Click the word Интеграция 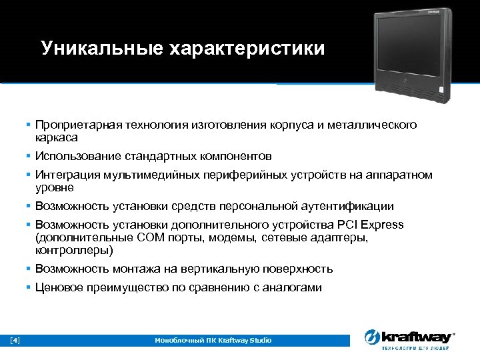(65, 175)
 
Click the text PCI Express (372, 225)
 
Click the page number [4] (15, 341)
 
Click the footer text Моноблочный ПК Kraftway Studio (213, 341)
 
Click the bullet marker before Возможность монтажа (29, 269)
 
